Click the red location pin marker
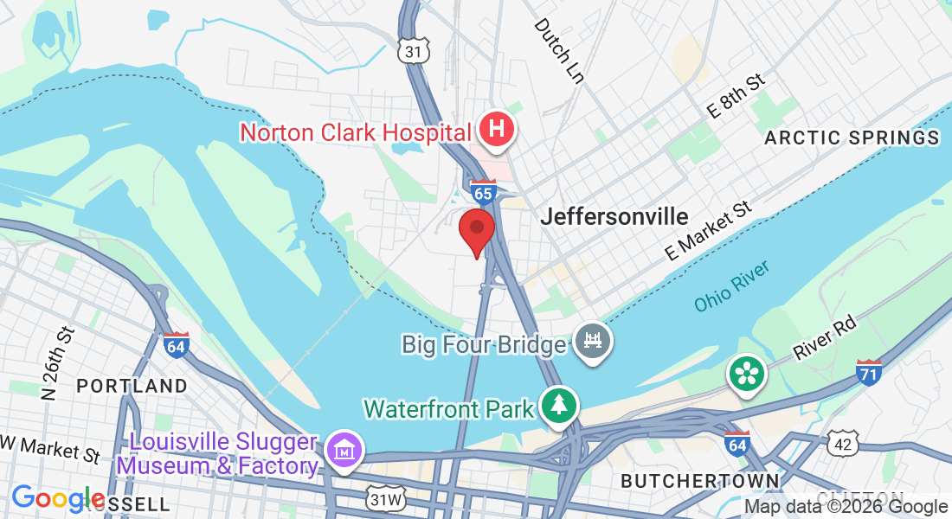click(476, 229)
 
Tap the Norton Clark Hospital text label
click(356, 133)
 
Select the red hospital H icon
click(498, 131)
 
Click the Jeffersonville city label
click(614, 216)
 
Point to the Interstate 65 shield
click(483, 190)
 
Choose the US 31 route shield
click(415, 52)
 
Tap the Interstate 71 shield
click(869, 373)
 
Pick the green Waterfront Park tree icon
click(559, 406)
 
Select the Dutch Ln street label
click(558, 50)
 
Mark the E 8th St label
click(737, 95)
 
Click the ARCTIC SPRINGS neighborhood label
click(852, 138)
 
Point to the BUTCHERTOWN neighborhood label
click(699, 480)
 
